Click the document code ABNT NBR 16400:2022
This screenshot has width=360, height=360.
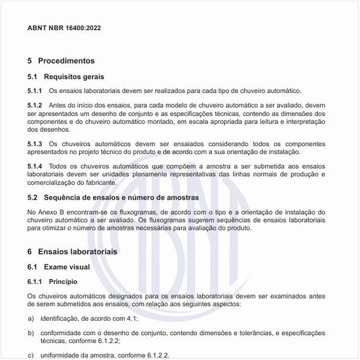[64, 29]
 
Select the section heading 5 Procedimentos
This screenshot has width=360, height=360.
[61, 61]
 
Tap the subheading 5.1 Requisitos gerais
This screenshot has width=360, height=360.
[65, 77]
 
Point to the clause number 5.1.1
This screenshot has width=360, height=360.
[35, 91]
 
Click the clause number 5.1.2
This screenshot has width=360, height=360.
[35, 105]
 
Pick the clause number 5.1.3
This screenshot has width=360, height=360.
[35, 143]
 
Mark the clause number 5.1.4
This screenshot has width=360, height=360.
[35, 166]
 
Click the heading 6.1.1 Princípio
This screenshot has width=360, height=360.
[52, 281]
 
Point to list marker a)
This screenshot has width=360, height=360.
[31, 317]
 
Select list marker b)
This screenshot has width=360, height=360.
[31, 333]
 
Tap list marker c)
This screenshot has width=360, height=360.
[31, 355]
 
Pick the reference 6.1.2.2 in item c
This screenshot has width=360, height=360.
[156, 355]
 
